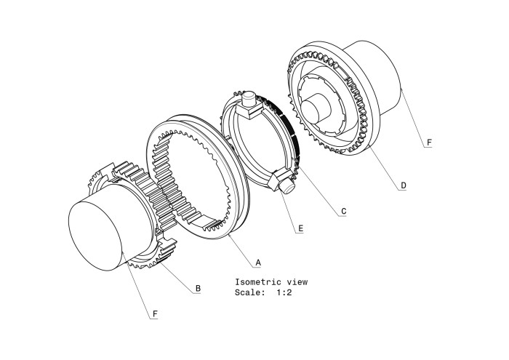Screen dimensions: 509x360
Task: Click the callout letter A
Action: click(258, 263)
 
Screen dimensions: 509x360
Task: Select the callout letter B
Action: click(198, 288)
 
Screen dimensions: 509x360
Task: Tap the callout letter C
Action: click(344, 212)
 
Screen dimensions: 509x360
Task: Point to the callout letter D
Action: click(404, 185)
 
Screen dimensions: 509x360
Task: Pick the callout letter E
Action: click(300, 228)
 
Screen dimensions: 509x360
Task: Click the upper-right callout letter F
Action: click(429, 143)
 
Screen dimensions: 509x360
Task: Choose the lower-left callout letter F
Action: click(155, 314)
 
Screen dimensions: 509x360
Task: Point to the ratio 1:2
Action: click(284, 292)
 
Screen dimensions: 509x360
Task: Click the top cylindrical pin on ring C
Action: click(249, 99)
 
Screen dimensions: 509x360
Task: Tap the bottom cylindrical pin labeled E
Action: click(288, 186)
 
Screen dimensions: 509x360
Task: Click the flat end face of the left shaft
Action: click(95, 236)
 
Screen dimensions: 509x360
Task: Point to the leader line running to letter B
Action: click(177, 277)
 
